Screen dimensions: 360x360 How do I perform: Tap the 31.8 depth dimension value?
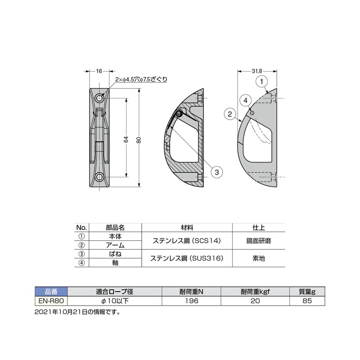pos(257,71)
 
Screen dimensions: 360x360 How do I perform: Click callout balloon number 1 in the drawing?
pos(263,81)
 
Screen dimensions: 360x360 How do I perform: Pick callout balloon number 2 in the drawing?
pos(229,114)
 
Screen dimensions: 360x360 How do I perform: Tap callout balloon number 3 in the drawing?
pos(216,172)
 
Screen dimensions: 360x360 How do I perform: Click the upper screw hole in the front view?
pos(99,98)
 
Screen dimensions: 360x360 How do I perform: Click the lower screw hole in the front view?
pos(99,176)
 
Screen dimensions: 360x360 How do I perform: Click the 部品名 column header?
pos(115,227)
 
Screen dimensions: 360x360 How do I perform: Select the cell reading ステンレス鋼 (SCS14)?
pos(186,241)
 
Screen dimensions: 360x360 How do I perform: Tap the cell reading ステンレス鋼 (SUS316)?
pos(186,258)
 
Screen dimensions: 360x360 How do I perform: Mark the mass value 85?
pos(307,300)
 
